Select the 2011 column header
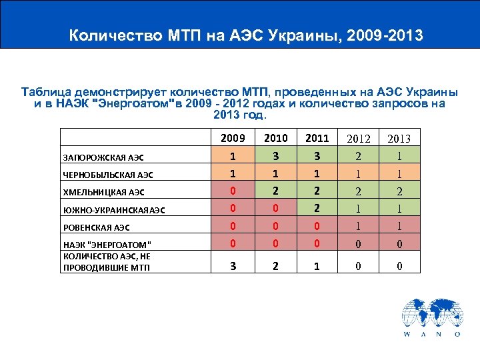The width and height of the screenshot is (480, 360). pyautogui.click(x=317, y=139)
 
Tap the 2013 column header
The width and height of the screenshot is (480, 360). pyautogui.click(x=399, y=139)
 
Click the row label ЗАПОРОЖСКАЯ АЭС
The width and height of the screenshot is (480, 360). pyautogui.click(x=103, y=157)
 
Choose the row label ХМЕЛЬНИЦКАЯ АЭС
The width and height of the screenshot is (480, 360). pyautogui.click(x=103, y=192)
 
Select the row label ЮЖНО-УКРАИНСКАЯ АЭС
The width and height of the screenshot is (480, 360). pyautogui.click(x=113, y=209)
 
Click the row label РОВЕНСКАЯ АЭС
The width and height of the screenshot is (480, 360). pyautogui.click(x=97, y=227)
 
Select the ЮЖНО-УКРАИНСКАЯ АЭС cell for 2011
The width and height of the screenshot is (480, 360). pyautogui.click(x=317, y=209)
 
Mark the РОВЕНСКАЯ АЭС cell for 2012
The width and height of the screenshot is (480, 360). pyautogui.click(x=359, y=227)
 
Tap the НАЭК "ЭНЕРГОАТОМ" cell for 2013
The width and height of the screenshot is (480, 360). pyautogui.click(x=399, y=244)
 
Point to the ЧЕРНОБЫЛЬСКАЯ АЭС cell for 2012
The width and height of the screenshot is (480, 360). pyautogui.click(x=359, y=175)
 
